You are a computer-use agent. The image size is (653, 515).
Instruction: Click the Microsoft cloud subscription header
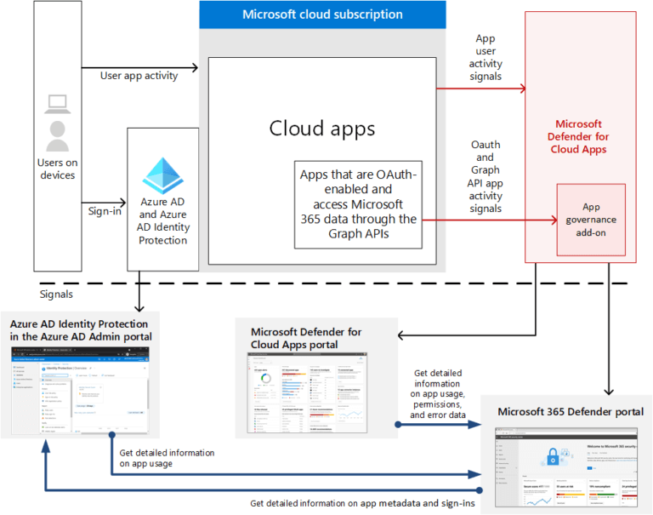click(322, 14)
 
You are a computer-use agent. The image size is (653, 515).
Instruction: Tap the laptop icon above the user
click(58, 104)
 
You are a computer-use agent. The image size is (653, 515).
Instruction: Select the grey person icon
click(58, 135)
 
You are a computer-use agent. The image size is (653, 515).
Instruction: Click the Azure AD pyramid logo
click(163, 175)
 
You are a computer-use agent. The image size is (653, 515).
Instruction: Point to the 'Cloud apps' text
click(322, 129)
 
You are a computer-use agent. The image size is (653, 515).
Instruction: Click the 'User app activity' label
click(139, 76)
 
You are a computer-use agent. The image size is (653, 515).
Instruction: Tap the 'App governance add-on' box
click(591, 220)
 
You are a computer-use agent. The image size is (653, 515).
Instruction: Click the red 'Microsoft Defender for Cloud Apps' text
click(578, 137)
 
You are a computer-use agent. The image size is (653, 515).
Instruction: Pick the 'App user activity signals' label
click(485, 58)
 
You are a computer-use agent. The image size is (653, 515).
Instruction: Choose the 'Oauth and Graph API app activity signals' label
click(485, 176)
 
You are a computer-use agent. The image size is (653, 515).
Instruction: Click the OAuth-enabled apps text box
click(358, 204)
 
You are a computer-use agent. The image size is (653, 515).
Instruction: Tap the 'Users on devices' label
click(57, 169)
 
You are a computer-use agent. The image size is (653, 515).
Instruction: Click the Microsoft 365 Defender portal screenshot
click(565, 464)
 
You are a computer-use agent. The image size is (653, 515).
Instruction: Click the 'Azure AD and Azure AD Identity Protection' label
click(163, 221)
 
